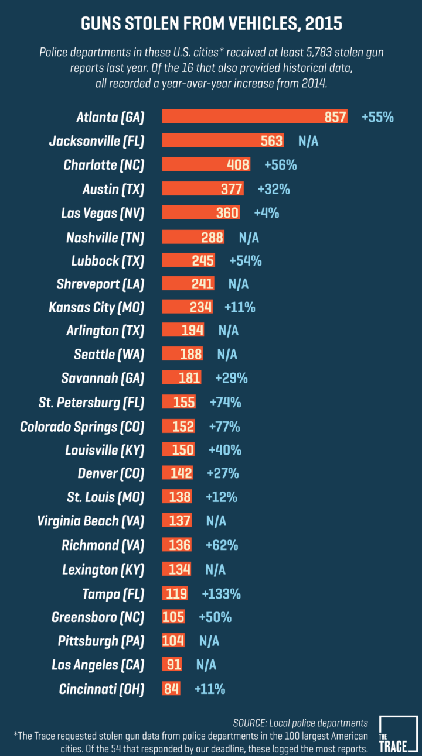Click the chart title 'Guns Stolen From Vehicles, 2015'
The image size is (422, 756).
[211, 23]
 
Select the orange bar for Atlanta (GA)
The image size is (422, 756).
[254, 116]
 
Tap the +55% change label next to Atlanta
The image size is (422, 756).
[377, 117]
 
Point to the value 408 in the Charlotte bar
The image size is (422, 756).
[238, 165]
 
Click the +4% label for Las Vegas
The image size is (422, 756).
[266, 213]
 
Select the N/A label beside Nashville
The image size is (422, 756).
[249, 238]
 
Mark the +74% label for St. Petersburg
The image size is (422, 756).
[226, 403]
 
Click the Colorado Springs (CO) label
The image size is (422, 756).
[82, 427]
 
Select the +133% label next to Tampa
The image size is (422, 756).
[221, 594]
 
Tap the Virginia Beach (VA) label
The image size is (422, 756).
[90, 521]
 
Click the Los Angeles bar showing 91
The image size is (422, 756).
[172, 665]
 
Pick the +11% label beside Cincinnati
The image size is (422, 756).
[209, 689]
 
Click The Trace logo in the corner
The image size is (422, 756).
[398, 734]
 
